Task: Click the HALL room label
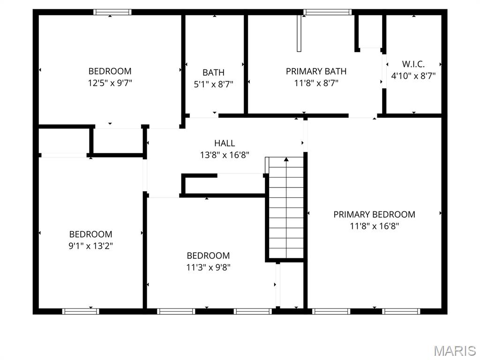(x=225, y=143)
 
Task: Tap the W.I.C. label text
(x=413, y=64)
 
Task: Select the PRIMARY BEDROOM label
(x=375, y=214)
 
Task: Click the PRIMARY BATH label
(x=316, y=71)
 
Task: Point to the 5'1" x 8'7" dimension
(x=214, y=84)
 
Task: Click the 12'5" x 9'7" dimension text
(x=110, y=83)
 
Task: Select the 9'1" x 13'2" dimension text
(x=90, y=246)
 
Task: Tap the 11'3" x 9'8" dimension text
(x=208, y=267)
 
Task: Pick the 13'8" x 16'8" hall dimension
(x=225, y=155)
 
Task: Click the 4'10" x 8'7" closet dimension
(x=413, y=75)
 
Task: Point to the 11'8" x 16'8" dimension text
(x=375, y=226)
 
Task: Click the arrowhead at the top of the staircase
(x=286, y=159)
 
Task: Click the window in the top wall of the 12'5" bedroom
(x=112, y=12)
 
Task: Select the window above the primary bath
(x=327, y=12)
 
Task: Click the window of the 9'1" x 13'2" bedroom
(x=81, y=311)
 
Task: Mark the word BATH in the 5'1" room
(x=214, y=73)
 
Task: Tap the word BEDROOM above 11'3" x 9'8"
(x=208, y=255)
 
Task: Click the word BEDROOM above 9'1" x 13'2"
(x=90, y=234)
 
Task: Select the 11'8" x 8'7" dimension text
(x=316, y=83)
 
